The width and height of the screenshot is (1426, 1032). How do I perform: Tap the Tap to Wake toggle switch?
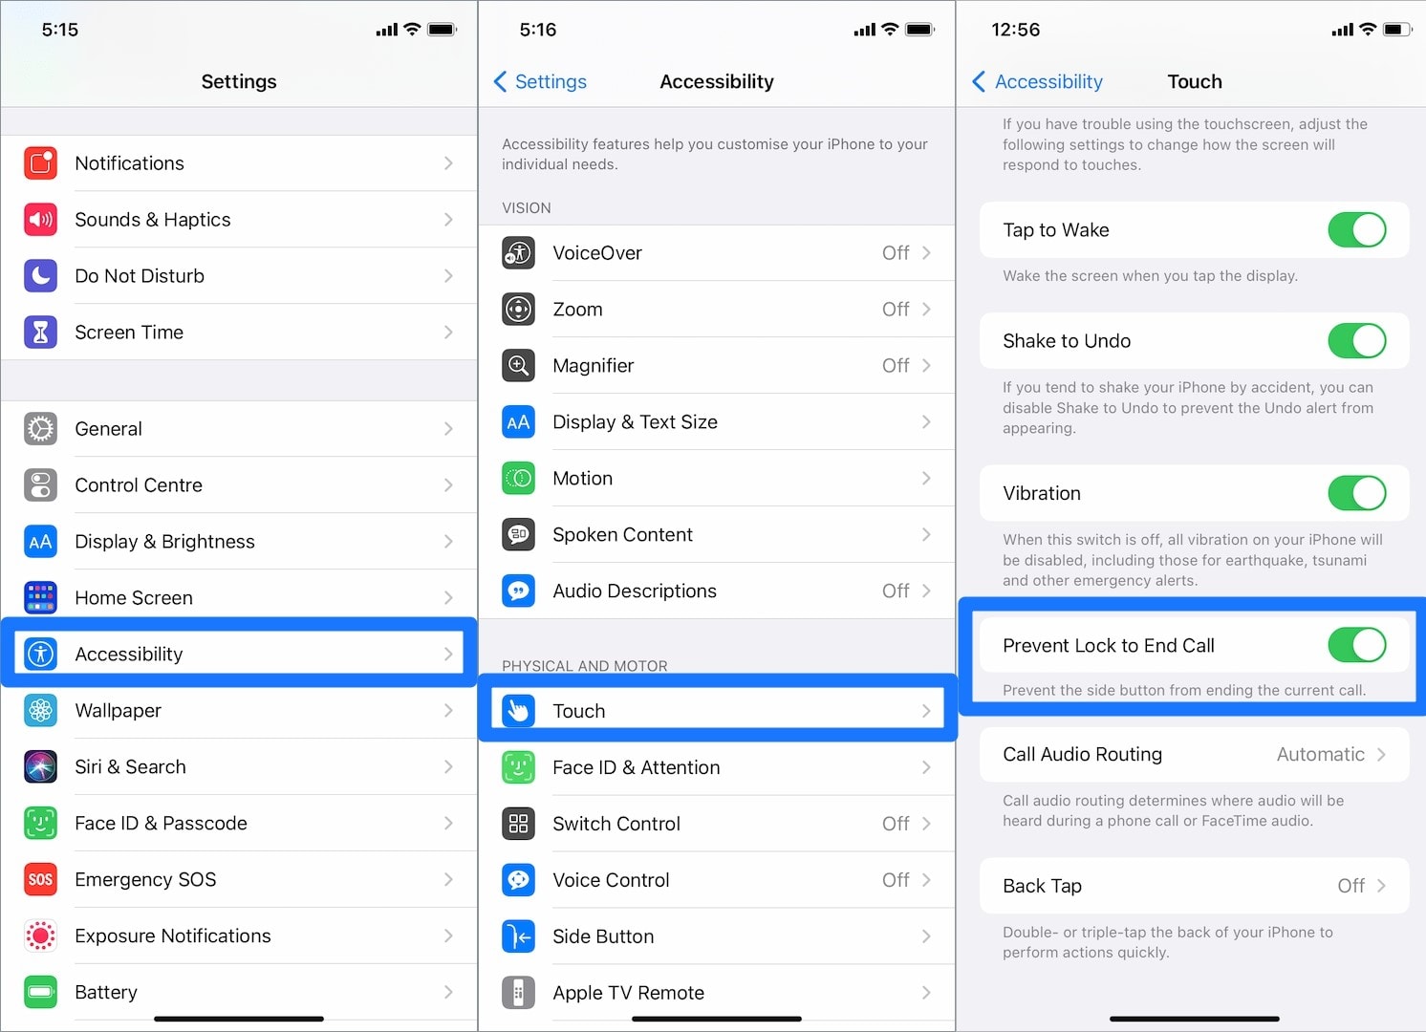[1356, 230]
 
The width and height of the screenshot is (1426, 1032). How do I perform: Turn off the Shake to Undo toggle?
[1356, 341]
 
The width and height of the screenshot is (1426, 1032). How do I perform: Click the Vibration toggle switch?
[1356, 493]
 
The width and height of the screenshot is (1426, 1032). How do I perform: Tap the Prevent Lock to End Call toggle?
[1356, 645]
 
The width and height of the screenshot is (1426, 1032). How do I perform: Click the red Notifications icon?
[40, 163]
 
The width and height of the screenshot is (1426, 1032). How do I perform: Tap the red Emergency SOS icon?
[40, 879]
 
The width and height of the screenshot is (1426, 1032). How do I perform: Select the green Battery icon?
[40, 992]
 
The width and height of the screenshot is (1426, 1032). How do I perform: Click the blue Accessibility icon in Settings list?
[40, 654]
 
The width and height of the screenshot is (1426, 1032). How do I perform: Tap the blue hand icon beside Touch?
[518, 711]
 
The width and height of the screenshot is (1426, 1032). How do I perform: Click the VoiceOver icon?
[518, 253]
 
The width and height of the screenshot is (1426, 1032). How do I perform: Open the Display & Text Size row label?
[635, 422]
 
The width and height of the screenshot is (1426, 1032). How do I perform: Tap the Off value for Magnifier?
[896, 366]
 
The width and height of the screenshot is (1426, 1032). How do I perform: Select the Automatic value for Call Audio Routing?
[1320, 755]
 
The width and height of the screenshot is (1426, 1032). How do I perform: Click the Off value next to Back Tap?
[1350, 886]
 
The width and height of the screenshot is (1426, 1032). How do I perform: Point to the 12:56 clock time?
[1015, 30]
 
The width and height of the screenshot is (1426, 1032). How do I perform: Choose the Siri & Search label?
[130, 767]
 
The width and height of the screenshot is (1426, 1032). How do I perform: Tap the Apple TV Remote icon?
[518, 993]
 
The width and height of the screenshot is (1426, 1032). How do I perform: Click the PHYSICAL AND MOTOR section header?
[585, 666]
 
